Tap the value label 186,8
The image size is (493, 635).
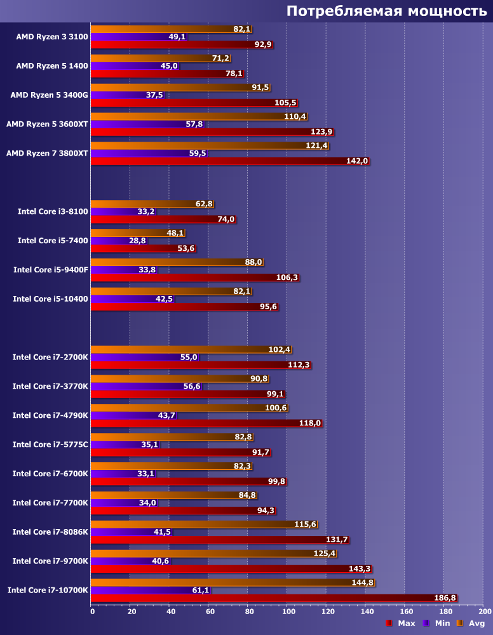pyautogui.click(x=445, y=598)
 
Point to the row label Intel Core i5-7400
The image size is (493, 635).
pyautogui.click(x=53, y=241)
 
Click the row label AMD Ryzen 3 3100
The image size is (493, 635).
pyautogui.click(x=52, y=37)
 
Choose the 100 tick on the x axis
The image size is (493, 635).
pyautogui.click(x=288, y=612)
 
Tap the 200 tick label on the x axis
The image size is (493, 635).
pyautogui.click(x=484, y=612)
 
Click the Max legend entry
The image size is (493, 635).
pyautogui.click(x=401, y=624)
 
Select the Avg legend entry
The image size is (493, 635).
pyautogui.click(x=471, y=624)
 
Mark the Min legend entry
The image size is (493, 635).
pyautogui.click(x=436, y=624)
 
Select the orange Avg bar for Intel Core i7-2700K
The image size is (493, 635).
pyautogui.click(x=178, y=349)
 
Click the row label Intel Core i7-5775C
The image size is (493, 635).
pyautogui.click(x=51, y=444)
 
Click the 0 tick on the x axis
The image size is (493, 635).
pyautogui.click(x=93, y=612)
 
